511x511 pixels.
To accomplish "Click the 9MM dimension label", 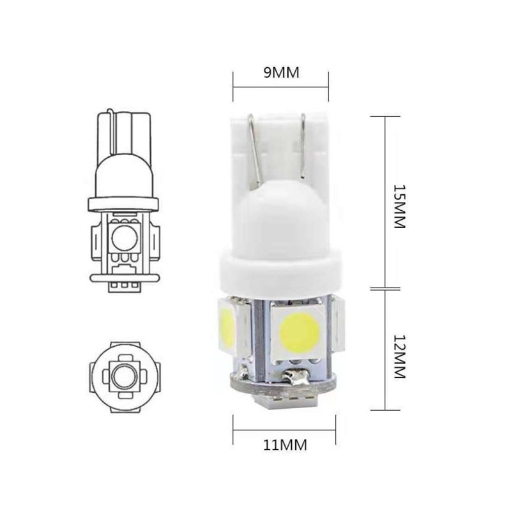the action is coord(281,73).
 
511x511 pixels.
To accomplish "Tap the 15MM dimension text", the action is coord(399,206).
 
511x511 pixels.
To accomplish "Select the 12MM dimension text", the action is coord(399,356).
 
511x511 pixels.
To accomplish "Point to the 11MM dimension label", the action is coord(285,445).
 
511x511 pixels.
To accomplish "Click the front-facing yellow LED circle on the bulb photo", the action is coord(300,332).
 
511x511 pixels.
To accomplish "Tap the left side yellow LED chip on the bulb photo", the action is coord(227,327).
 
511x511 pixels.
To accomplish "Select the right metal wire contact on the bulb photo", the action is coord(303,146).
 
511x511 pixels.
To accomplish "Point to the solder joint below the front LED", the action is coord(294,376).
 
